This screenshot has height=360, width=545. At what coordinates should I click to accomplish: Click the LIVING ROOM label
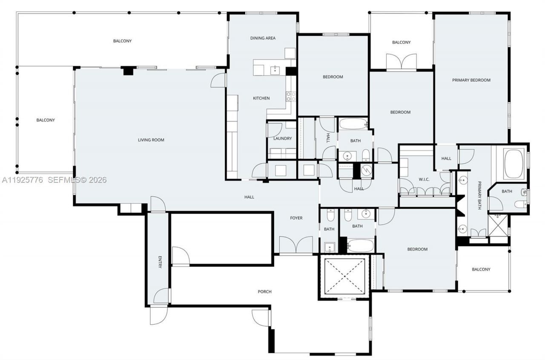click(151, 140)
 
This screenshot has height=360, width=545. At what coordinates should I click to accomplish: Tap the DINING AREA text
click(262, 38)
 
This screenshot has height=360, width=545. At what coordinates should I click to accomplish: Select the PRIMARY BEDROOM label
click(471, 80)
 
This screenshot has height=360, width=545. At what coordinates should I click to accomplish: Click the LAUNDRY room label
click(283, 139)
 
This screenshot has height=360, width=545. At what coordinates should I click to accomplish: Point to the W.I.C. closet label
click(424, 179)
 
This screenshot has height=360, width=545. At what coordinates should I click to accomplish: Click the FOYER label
click(296, 218)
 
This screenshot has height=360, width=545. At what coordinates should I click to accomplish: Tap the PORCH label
click(264, 291)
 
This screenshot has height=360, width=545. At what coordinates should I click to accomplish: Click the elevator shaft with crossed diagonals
click(343, 275)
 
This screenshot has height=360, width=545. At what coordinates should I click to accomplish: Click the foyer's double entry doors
click(296, 246)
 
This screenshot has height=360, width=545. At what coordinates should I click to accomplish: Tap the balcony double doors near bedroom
click(402, 62)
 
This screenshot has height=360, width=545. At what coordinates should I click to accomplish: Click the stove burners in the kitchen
click(291, 97)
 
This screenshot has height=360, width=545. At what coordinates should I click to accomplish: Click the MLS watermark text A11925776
click(22, 180)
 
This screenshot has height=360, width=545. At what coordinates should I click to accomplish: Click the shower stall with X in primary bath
click(498, 225)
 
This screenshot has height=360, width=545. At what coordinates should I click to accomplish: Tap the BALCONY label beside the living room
click(46, 120)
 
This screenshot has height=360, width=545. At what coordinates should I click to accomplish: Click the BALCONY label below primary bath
click(481, 269)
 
